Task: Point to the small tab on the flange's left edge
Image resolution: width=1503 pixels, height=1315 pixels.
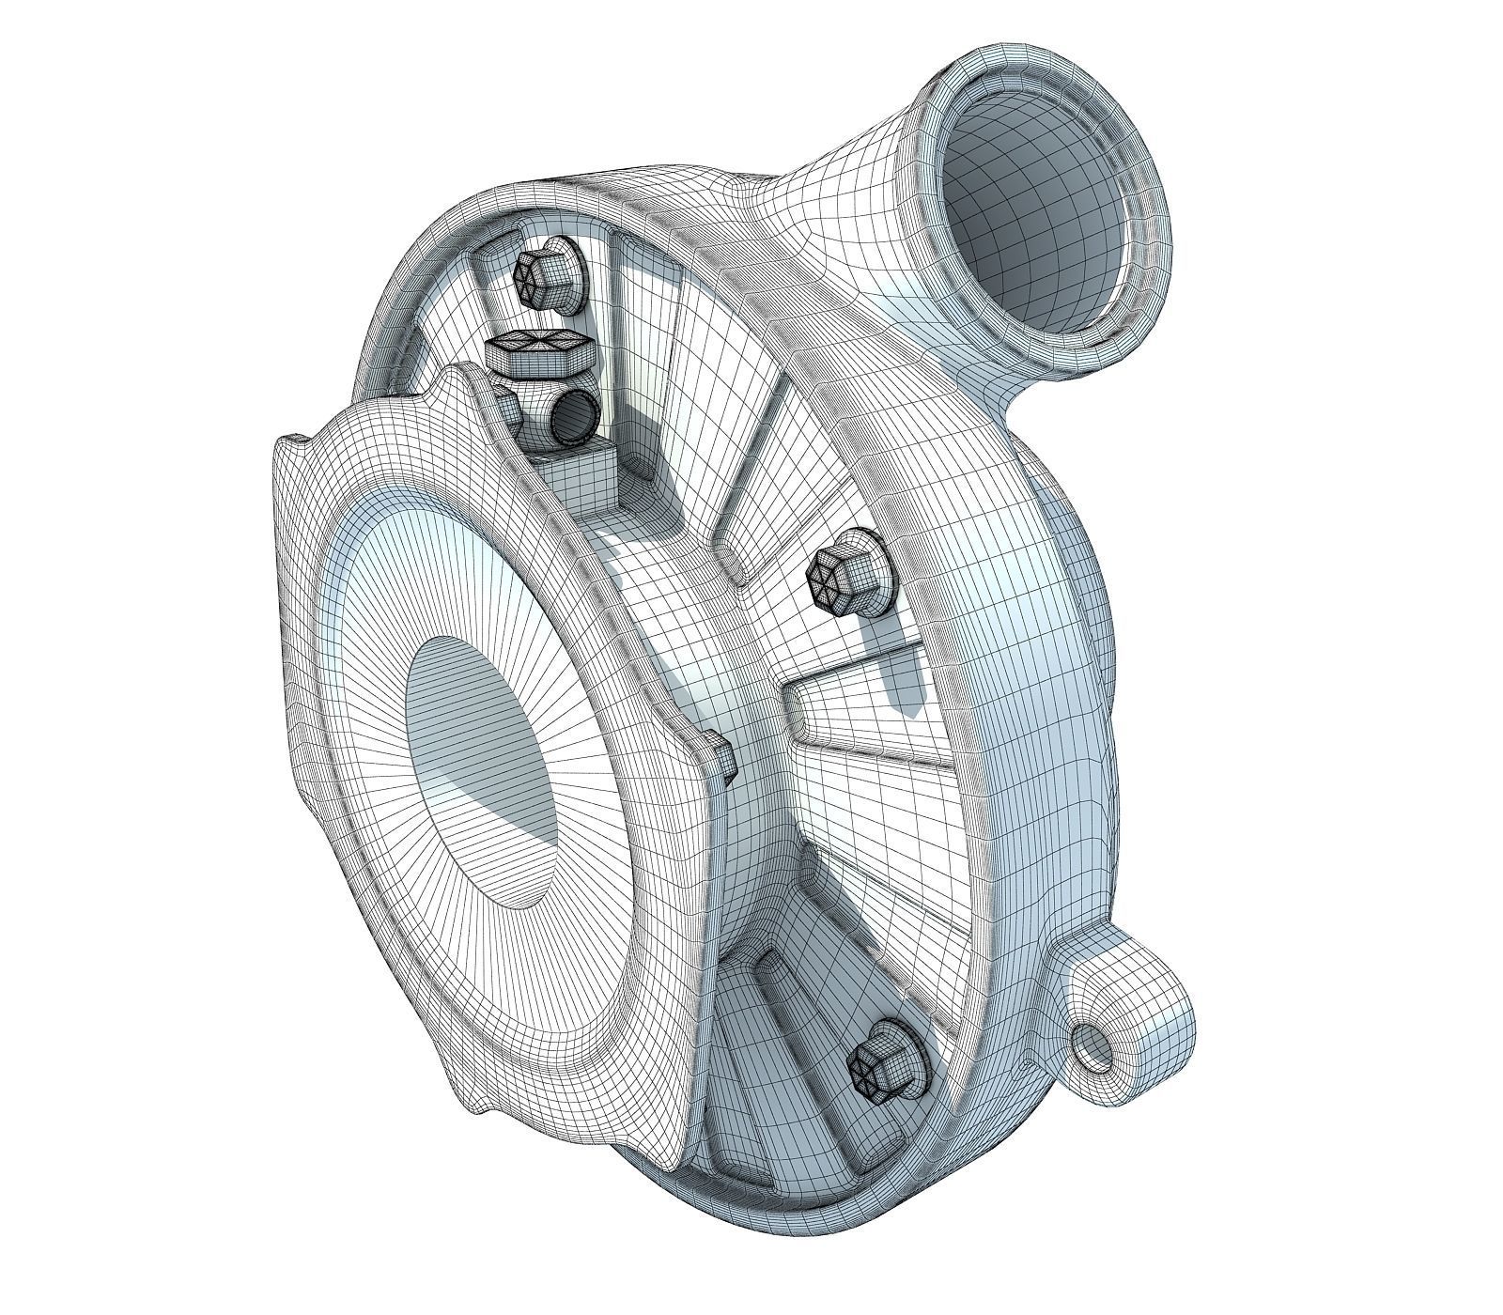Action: point(292,441)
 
